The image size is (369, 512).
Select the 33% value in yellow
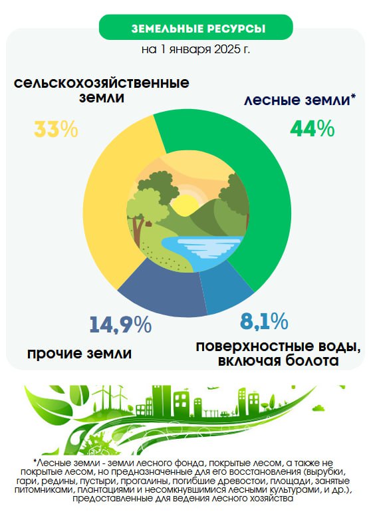[56, 128]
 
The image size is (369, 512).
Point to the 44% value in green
[312, 128]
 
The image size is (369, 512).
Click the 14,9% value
[120, 324]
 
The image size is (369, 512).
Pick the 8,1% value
[264, 321]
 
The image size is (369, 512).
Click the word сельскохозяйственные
[102, 82]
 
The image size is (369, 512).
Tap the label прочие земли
[80, 353]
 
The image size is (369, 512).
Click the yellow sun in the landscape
[185, 205]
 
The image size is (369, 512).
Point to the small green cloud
[318, 408]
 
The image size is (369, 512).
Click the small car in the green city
[225, 414]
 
